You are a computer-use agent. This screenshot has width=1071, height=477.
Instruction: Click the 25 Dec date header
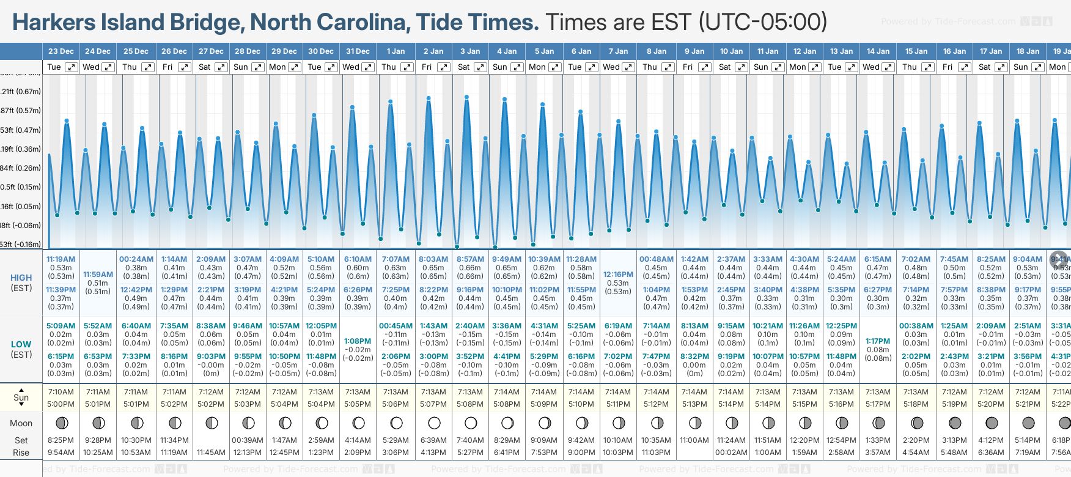pyautogui.click(x=136, y=51)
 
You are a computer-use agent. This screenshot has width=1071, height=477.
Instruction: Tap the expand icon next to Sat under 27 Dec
pyautogui.click(x=221, y=67)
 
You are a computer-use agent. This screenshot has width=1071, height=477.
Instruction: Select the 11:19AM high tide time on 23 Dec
pyautogui.click(x=61, y=259)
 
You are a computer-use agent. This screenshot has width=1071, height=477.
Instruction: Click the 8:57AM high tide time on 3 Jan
pyautogui.click(x=470, y=259)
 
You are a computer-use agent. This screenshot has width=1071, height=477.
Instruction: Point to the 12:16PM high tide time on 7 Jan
pyautogui.click(x=618, y=275)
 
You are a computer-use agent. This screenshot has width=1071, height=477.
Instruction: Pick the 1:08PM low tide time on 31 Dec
pyautogui.click(x=358, y=341)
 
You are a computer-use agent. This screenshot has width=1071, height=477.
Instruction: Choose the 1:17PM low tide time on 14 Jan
pyautogui.click(x=878, y=341)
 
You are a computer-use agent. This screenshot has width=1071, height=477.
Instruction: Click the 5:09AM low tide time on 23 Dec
pyautogui.click(x=61, y=326)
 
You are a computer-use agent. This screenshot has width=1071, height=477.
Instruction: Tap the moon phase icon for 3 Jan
pyautogui.click(x=471, y=423)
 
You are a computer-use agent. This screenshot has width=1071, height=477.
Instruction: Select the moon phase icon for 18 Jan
pyautogui.click(x=1028, y=423)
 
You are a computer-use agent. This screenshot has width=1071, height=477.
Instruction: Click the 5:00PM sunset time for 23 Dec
pyautogui.click(x=61, y=404)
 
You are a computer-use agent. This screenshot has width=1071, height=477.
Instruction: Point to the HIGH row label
pyautogui.click(x=21, y=278)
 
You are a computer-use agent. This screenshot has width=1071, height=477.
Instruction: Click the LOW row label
pyautogui.click(x=21, y=344)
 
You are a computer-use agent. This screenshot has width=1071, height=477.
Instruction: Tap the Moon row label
pyautogui.click(x=21, y=423)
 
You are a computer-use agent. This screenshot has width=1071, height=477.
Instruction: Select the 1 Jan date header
pyautogui.click(x=396, y=51)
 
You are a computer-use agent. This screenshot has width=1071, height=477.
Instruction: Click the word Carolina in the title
pyautogui.click(x=330, y=23)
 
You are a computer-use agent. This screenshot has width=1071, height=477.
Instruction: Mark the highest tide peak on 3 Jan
pyautogui.click(x=466, y=97)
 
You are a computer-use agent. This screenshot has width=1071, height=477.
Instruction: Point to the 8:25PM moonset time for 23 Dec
pyautogui.click(x=61, y=440)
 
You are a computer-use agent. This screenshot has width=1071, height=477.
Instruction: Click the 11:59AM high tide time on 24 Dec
pyautogui.click(x=98, y=275)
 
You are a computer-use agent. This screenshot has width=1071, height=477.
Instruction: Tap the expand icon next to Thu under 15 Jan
pyautogui.click(x=927, y=67)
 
